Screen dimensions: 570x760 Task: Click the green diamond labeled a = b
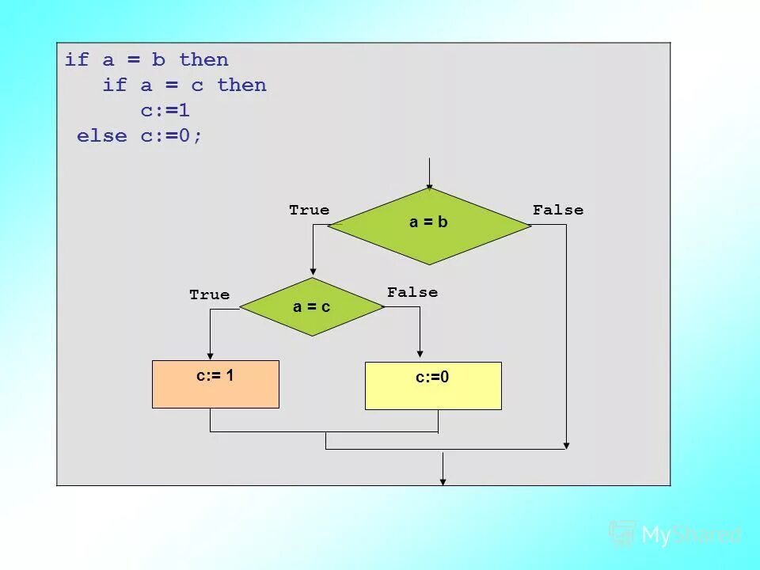(x=428, y=226)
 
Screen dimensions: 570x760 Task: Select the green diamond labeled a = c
(x=311, y=306)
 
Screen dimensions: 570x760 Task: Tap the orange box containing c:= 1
(x=215, y=384)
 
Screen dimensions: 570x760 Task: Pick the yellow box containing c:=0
(x=433, y=386)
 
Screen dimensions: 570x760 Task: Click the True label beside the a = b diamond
(x=309, y=210)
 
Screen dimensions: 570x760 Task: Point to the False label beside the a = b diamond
(x=558, y=210)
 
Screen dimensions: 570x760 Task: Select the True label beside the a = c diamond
(x=209, y=294)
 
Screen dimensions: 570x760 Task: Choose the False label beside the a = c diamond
(x=412, y=292)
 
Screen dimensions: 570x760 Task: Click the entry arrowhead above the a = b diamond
(x=429, y=186)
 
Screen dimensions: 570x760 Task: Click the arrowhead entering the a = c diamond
(x=313, y=273)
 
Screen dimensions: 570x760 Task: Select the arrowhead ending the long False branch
(x=566, y=445)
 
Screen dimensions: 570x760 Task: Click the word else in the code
(x=101, y=136)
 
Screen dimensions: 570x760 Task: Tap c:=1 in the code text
(x=165, y=111)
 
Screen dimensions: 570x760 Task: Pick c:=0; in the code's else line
(x=172, y=136)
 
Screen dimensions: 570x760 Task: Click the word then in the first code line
(x=203, y=60)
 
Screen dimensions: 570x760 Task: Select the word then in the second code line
(x=241, y=85)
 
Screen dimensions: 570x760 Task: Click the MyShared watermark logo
(x=675, y=534)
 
